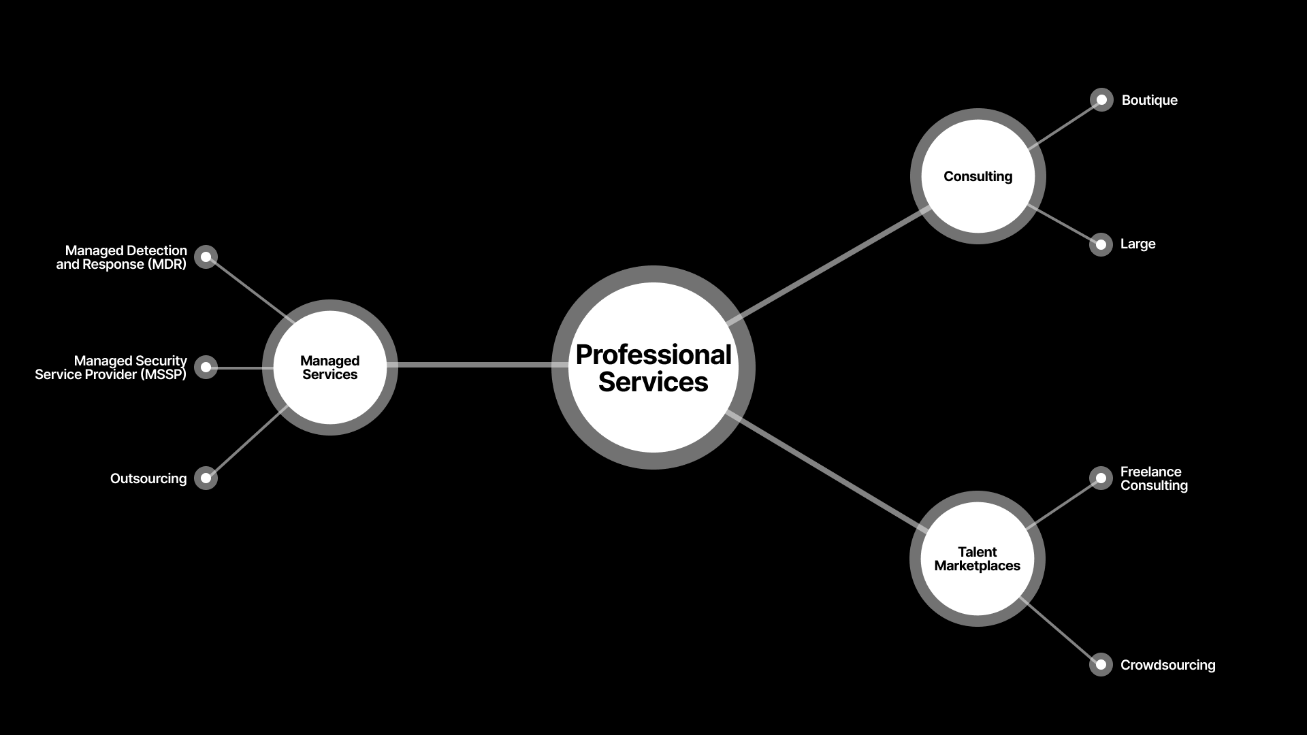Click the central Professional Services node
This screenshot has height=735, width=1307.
[x=653, y=367]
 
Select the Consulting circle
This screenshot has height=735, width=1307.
[x=978, y=176]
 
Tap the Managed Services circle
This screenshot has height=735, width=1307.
[x=329, y=367]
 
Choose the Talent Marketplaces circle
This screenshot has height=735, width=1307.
[x=977, y=559]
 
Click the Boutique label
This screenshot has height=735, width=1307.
[x=1149, y=100]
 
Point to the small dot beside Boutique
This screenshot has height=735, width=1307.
[x=1101, y=100]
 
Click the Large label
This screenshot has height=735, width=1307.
[x=1137, y=244]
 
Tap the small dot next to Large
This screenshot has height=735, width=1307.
[x=1101, y=244]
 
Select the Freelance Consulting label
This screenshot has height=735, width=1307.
[x=1154, y=478]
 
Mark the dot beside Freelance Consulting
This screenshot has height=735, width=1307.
[x=1101, y=478]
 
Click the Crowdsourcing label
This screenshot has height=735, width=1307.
[x=1167, y=665]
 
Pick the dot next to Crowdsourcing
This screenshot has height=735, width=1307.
[x=1101, y=665]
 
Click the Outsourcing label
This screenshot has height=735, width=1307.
[x=148, y=478]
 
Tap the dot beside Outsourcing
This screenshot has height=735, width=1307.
[x=206, y=478]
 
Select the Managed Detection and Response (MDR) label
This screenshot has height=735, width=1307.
[x=122, y=257]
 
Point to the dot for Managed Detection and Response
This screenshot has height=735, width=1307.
[x=206, y=257]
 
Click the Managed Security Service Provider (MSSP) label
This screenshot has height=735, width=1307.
[x=111, y=367]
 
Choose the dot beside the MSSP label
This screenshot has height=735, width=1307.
[x=206, y=367]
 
